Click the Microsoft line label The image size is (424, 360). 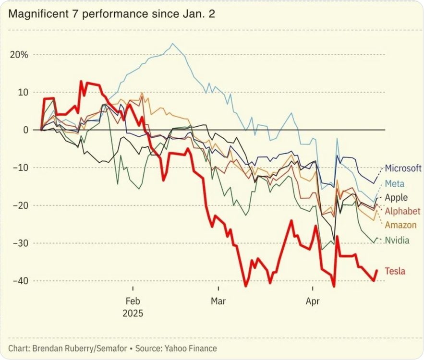tap(403, 168)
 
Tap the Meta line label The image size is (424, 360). tap(395, 183)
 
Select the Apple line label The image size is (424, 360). tap(397, 197)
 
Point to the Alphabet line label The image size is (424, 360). tap(403, 211)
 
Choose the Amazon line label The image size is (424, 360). tap(401, 225)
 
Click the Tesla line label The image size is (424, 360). tap(395, 271)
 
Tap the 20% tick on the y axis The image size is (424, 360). tap(19, 54)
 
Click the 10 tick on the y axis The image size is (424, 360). tap(24, 92)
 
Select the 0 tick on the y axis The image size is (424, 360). tap(26, 130)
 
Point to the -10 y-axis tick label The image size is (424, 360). tap(21, 168)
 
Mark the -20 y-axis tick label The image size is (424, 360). tap(21, 205)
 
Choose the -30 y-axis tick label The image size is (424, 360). tap(21, 243)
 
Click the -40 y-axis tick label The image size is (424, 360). tap(21, 281)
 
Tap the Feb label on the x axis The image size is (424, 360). tap(133, 301)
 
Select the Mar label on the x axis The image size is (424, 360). tap(218, 301)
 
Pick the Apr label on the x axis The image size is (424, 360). tap(313, 301)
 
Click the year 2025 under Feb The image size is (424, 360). tap(133, 313)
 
